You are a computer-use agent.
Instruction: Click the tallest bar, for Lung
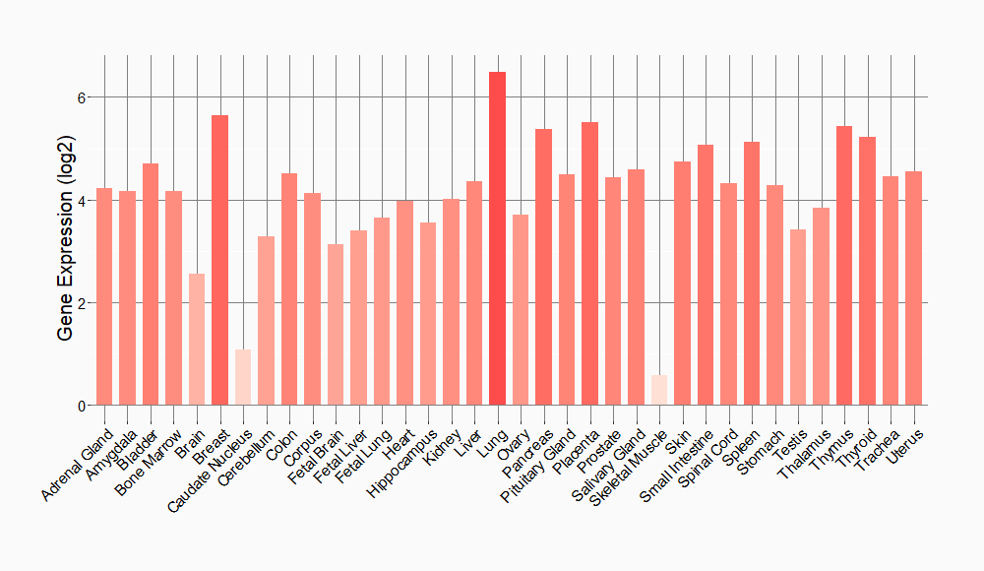[498, 238]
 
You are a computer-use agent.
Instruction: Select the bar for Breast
[220, 260]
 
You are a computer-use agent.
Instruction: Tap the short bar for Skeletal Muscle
[659, 390]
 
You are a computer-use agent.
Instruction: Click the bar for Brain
[197, 340]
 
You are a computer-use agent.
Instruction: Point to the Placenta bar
[590, 264]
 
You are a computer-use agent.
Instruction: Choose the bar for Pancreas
[544, 267]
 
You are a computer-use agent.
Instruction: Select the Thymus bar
[844, 266]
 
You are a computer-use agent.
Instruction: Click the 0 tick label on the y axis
[84, 406]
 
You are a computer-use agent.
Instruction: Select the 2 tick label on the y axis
[84, 303]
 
